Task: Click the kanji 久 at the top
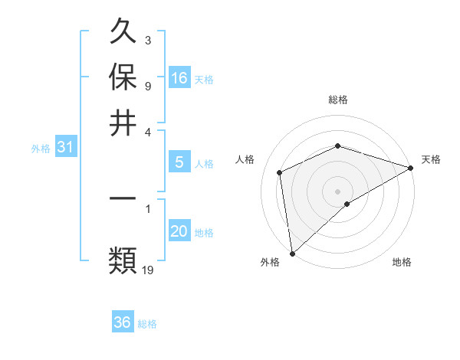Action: point(123,33)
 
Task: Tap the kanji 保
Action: point(123,78)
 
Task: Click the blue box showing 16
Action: point(179,78)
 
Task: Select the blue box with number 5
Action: point(179,162)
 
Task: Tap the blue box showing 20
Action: point(179,231)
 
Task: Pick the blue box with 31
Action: point(65,147)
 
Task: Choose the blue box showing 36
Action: point(123,322)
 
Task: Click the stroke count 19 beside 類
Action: point(148,269)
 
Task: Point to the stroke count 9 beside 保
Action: point(148,86)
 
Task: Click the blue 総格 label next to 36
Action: point(147,324)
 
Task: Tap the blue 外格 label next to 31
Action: point(40,149)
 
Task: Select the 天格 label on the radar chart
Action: point(431,159)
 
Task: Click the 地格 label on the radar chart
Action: point(402,263)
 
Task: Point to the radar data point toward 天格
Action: point(411,169)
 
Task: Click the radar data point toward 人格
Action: point(280,172)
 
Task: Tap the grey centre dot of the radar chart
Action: point(337,191)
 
